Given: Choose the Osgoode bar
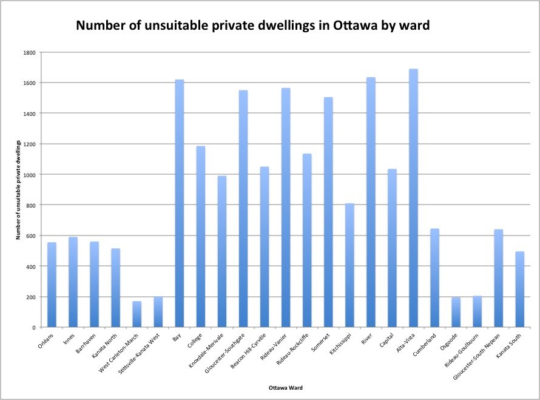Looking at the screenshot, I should tap(456, 312).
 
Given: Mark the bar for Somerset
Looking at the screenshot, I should tap(328, 212).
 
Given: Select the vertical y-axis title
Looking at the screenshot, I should tap(19, 189).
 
